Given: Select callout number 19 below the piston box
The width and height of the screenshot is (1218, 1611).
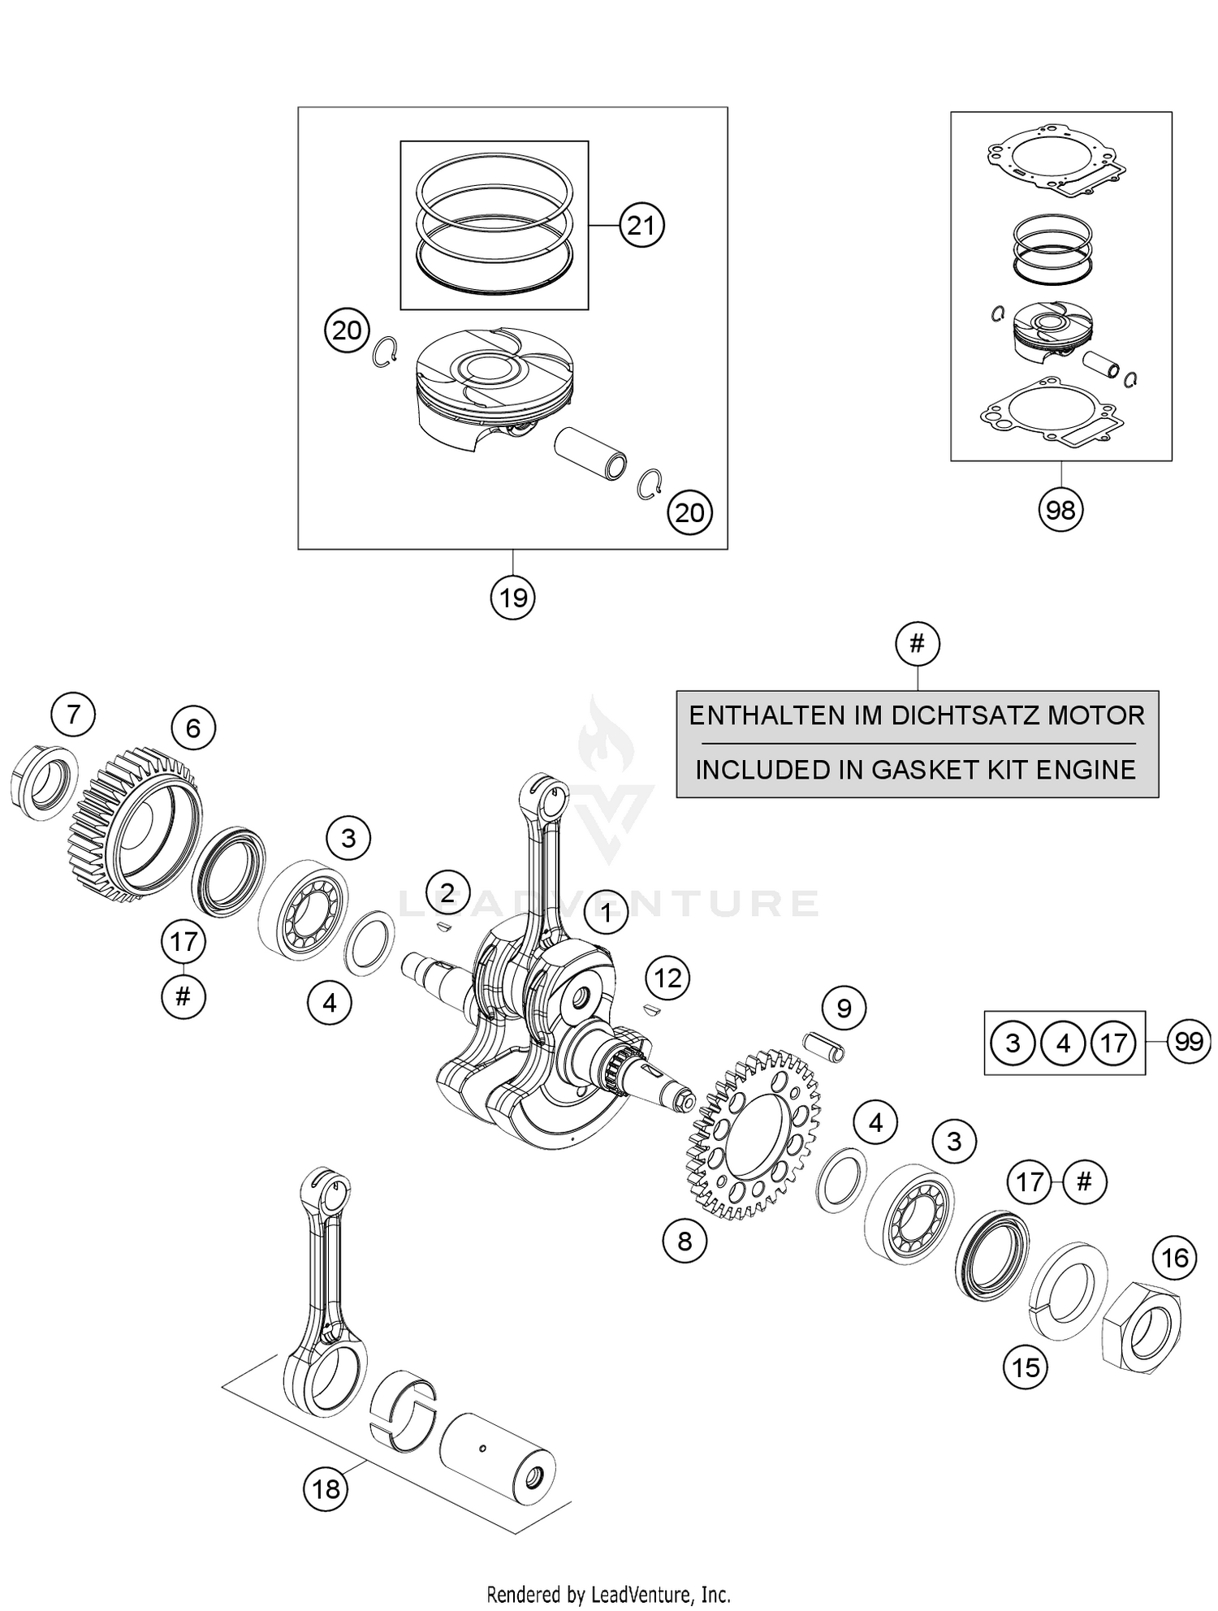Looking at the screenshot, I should (x=513, y=598).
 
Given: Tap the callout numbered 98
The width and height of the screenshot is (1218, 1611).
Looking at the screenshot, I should (x=1060, y=510).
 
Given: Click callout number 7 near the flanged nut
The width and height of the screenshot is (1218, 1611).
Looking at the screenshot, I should (x=73, y=715).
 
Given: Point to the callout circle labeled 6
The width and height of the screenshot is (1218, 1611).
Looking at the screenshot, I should (x=192, y=728).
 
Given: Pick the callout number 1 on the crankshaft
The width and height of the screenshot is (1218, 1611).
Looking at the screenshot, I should (x=606, y=913).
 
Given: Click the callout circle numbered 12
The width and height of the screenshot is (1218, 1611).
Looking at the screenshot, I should (x=668, y=978).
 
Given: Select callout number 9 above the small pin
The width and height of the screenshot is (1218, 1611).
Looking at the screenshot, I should (x=844, y=1008).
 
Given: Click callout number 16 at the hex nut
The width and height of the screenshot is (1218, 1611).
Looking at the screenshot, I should (x=1175, y=1258).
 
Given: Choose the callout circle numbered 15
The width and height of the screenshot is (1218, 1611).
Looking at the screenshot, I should (x=1026, y=1367).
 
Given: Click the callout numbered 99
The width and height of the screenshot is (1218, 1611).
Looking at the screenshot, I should (x=1189, y=1041).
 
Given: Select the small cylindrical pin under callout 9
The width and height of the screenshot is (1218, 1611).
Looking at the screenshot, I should (x=824, y=1046).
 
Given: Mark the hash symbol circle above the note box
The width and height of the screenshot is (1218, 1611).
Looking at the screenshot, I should (x=918, y=644).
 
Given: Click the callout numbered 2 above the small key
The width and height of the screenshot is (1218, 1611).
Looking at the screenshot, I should (x=447, y=888).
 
